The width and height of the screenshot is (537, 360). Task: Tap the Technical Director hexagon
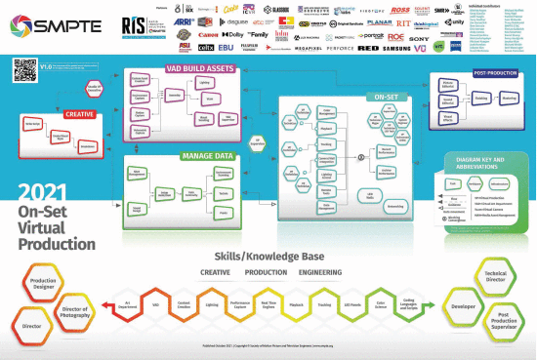pos(498,276)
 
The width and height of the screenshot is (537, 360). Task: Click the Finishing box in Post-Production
pos(481,98)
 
